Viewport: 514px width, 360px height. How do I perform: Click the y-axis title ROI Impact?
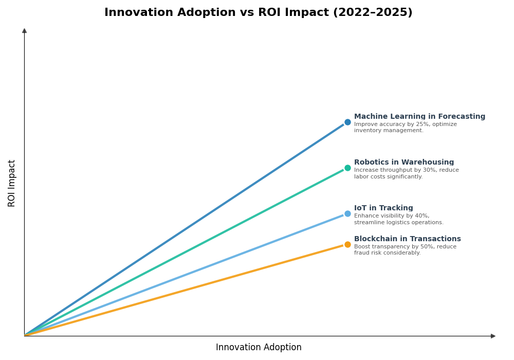coord(12,183)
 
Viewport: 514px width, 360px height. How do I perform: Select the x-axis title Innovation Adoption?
coord(259,348)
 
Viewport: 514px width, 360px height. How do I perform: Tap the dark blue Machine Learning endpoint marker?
coord(347,122)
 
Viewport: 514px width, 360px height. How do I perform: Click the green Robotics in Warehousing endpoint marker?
coord(347,168)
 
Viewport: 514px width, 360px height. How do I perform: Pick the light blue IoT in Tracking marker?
coord(347,213)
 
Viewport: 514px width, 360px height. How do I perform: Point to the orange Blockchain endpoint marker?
coord(347,244)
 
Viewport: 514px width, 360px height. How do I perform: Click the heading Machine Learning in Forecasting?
coord(419,117)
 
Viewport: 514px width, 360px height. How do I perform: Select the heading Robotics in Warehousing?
coord(404,163)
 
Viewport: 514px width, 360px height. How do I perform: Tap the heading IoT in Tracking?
coord(383,208)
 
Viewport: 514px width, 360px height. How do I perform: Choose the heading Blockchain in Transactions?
coord(407,239)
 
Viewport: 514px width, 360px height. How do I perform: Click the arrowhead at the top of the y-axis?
coord(24,31)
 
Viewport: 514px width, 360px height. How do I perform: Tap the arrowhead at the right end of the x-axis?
coord(493,336)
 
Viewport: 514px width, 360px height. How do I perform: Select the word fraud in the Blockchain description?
coord(362,253)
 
